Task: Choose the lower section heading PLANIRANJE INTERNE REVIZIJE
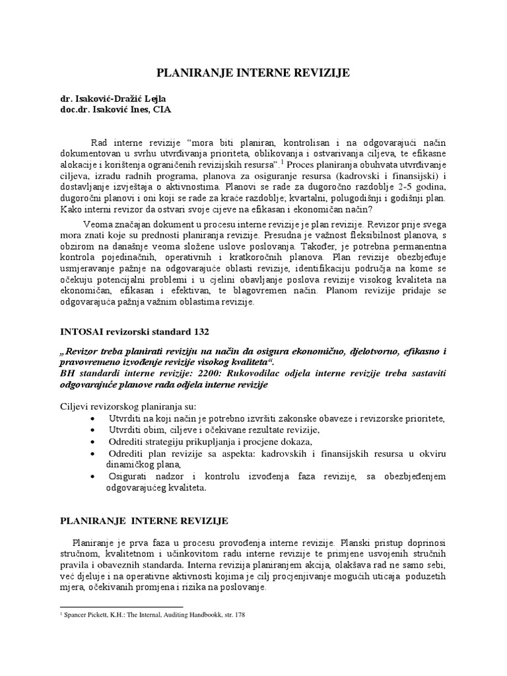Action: (x=145, y=521)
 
